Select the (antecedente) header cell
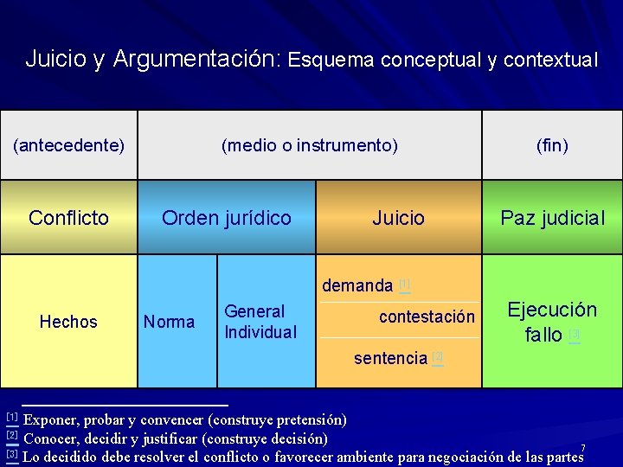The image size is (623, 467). click(68, 145)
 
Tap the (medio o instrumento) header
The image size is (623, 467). click(310, 145)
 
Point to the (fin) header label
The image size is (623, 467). click(552, 145)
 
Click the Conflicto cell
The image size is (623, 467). click(68, 218)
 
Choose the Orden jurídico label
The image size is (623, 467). click(227, 218)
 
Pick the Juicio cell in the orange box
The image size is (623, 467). click(398, 218)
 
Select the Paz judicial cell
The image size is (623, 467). click(552, 218)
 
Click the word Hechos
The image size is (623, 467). click(68, 322)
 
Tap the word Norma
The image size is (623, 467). click(169, 322)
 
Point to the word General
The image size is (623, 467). click(254, 311)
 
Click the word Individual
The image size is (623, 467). click(260, 332)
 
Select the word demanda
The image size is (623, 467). click(357, 285)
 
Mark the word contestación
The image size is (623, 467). click(427, 317)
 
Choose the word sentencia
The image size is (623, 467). click(390, 358)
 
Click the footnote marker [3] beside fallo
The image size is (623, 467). click(575, 334)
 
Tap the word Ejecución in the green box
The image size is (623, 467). click(552, 310)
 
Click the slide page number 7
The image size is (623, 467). click(583, 448)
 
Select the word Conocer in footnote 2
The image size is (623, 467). click(51, 438)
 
